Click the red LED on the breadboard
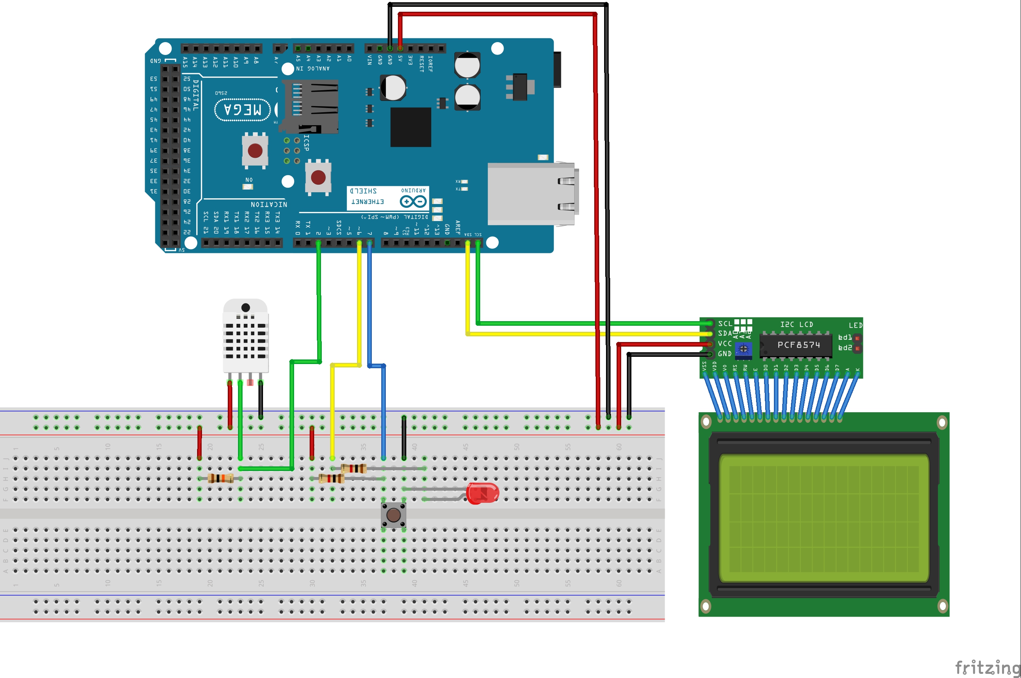(482, 493)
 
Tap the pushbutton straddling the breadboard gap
(393, 515)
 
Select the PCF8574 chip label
(799, 345)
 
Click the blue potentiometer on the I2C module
(743, 348)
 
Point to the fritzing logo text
(987, 667)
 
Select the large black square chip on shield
(410, 127)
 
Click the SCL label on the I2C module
(725, 323)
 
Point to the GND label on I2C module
(725, 354)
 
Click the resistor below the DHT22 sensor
(220, 478)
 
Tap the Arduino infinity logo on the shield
(413, 201)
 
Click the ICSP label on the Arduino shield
(306, 143)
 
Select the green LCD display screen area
(824, 518)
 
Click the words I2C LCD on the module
(796, 324)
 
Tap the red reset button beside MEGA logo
(255, 151)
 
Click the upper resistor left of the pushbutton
(354, 468)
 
